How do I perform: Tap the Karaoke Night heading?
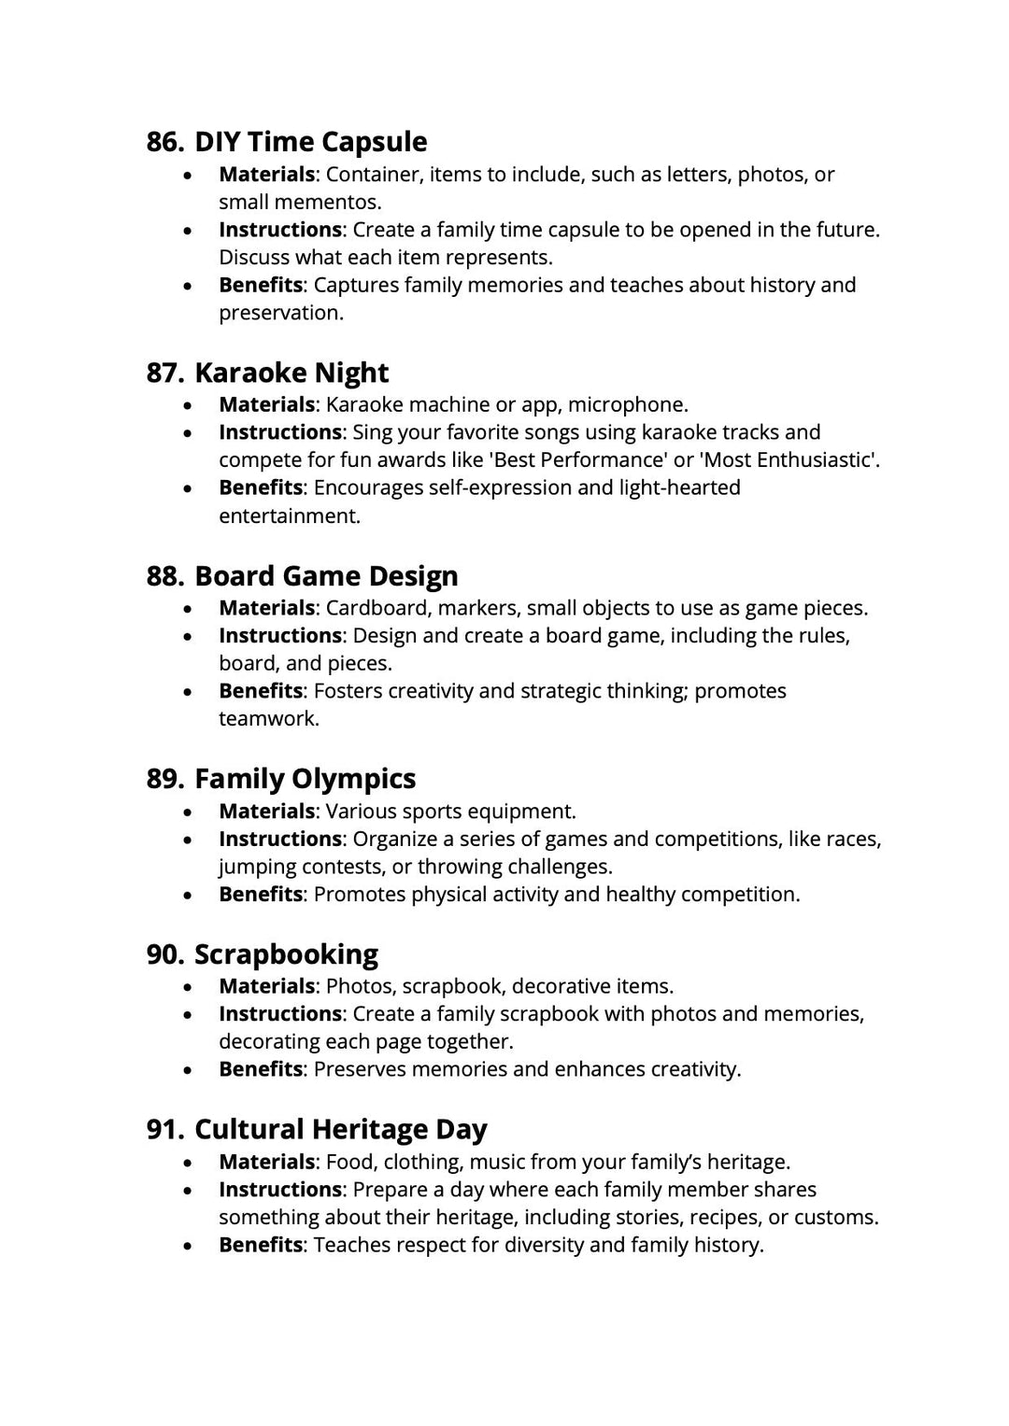(x=291, y=373)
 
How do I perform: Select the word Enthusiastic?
(x=815, y=459)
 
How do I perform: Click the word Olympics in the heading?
(x=353, y=779)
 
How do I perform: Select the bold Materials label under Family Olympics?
(x=266, y=811)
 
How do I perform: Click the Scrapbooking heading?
(x=286, y=954)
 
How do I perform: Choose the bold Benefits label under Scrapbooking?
(x=261, y=1069)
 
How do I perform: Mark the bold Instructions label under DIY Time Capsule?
(x=279, y=230)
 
